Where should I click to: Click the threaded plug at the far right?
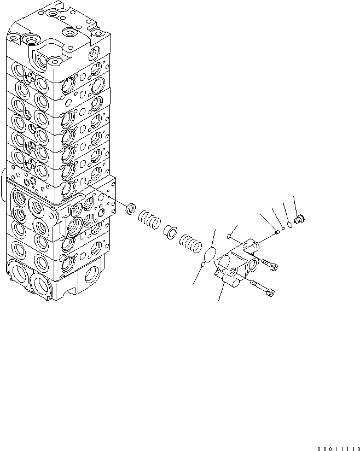[299, 220]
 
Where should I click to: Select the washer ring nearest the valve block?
[130, 208]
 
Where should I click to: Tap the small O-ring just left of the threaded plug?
[288, 224]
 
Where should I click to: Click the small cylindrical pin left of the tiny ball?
[277, 231]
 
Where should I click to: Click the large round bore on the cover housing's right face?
[254, 266]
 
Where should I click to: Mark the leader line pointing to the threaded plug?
[295, 205]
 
